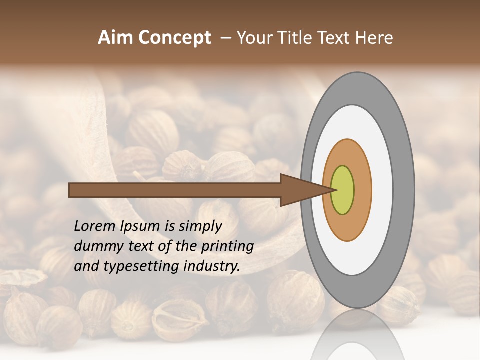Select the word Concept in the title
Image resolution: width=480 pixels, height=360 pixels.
pyautogui.click(x=174, y=38)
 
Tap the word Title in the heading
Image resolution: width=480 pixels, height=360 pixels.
pyautogui.click(x=295, y=38)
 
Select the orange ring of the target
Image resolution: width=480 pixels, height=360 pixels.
pyautogui.click(x=362, y=190)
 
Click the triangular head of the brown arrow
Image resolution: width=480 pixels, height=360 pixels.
pyautogui.click(x=300, y=190)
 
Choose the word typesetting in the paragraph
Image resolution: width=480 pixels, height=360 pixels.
pyautogui.click(x=135, y=266)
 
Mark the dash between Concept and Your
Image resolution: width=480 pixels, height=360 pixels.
pyautogui.click(x=226, y=38)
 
